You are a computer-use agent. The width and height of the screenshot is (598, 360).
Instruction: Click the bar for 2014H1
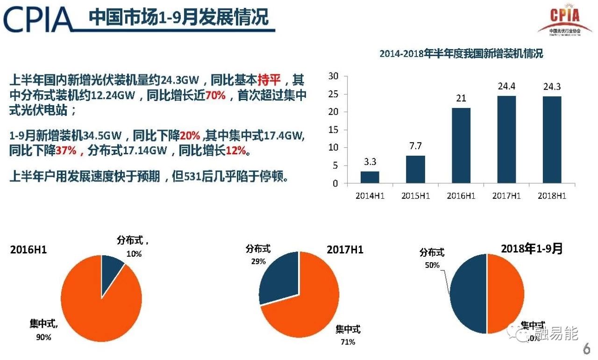(370, 177)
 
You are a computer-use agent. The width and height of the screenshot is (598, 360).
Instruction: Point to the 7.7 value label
(415, 145)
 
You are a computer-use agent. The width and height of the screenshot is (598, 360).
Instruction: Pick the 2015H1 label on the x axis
(415, 196)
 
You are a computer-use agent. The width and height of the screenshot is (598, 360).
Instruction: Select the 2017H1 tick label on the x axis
(506, 196)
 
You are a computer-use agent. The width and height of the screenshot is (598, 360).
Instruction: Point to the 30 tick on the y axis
(333, 76)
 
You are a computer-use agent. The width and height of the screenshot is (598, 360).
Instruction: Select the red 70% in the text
(215, 95)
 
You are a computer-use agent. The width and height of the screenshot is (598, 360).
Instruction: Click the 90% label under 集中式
(43, 337)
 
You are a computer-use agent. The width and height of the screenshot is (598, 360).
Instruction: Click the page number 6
(586, 349)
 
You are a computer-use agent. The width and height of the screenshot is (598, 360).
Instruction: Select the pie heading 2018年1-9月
(532, 248)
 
